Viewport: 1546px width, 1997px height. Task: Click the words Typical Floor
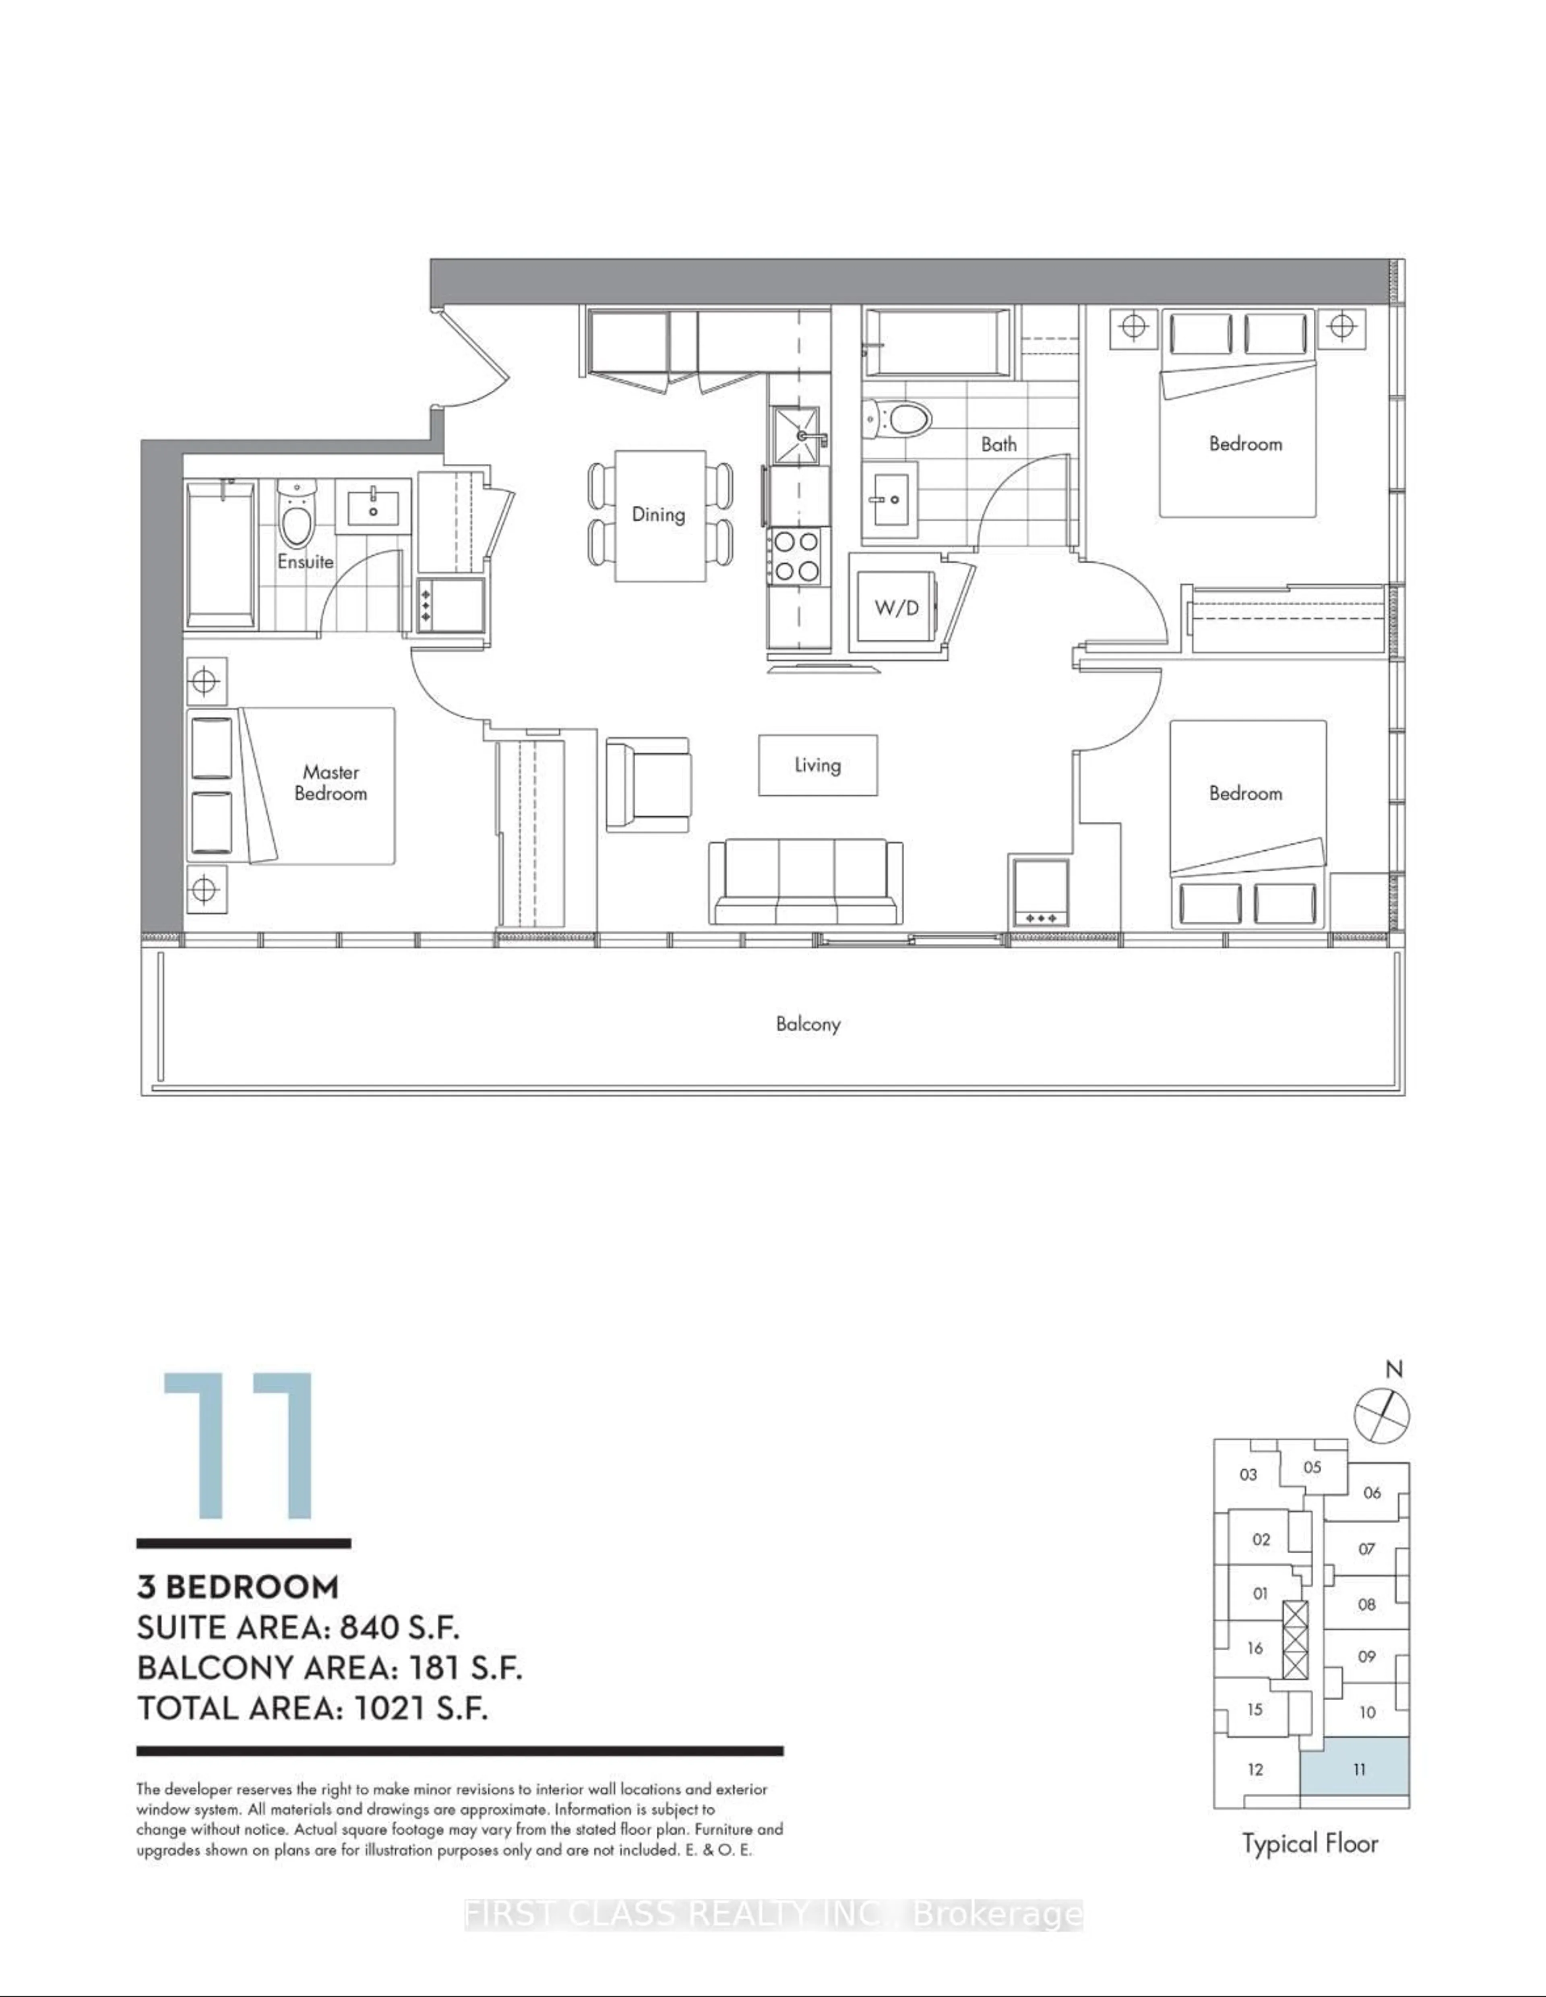(x=1309, y=1843)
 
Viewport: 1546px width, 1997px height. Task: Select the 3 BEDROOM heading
(x=238, y=1586)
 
